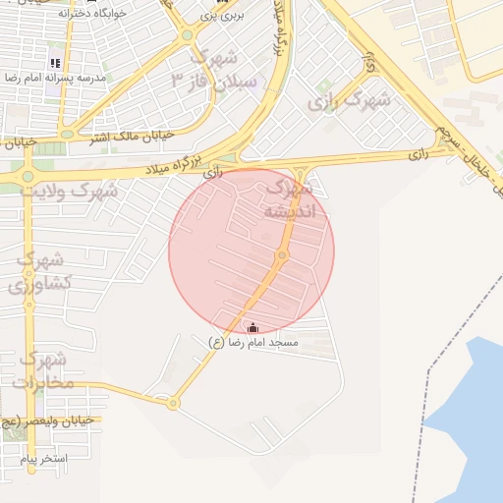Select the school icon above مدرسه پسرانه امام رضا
55,63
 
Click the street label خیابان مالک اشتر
133,137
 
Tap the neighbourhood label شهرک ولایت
73,191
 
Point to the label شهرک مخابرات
43,369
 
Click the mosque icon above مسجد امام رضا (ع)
253,328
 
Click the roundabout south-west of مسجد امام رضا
173,403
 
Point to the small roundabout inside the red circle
281,256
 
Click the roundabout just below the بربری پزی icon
187,36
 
